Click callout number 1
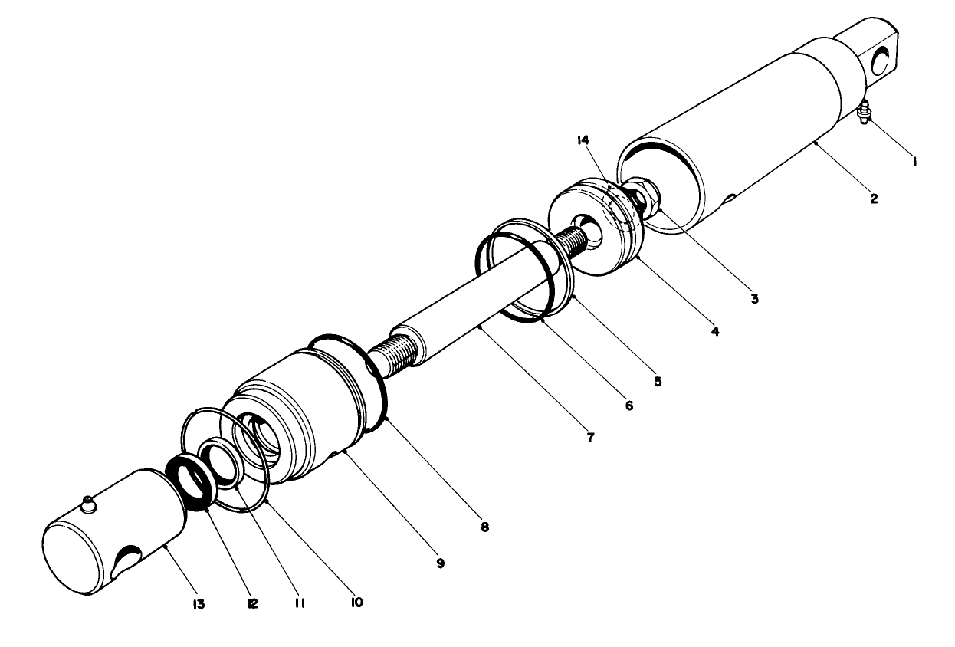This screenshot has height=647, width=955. [x=914, y=162]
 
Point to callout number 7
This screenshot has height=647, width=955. [x=592, y=439]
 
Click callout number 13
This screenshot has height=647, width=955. [x=199, y=605]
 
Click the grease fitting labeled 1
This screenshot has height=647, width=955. [x=864, y=112]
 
